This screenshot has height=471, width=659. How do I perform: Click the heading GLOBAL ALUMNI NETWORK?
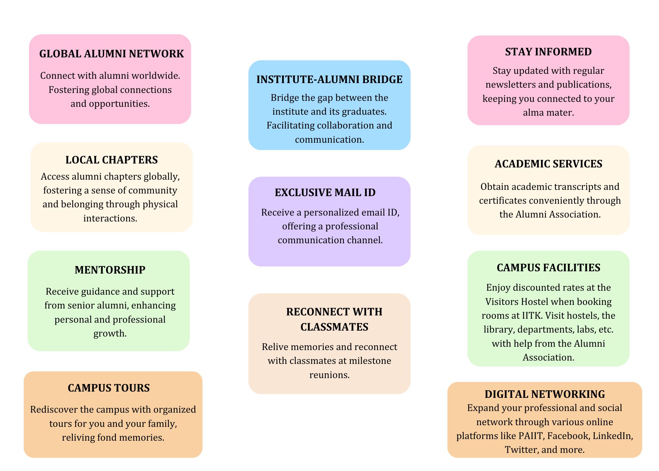pyautogui.click(x=111, y=54)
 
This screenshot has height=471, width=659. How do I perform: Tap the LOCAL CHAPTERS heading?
pyautogui.click(x=111, y=160)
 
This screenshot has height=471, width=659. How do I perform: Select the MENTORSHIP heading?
pyautogui.click(x=110, y=270)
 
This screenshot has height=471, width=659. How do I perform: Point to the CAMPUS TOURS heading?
pyautogui.click(x=109, y=388)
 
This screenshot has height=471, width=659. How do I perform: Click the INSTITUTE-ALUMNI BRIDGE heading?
pyautogui.click(x=329, y=79)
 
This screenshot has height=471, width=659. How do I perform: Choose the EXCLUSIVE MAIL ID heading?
pyautogui.click(x=325, y=192)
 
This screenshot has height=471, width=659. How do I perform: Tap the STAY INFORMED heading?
pyautogui.click(x=548, y=52)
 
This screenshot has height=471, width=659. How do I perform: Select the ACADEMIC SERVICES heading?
pyautogui.click(x=548, y=164)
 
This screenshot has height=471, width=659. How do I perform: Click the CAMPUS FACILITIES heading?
pyautogui.click(x=548, y=268)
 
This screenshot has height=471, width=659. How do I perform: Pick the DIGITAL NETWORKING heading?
pyautogui.click(x=545, y=394)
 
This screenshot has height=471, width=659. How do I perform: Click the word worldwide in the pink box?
pyautogui.click(x=156, y=76)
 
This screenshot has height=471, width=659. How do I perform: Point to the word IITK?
pyautogui.click(x=532, y=316)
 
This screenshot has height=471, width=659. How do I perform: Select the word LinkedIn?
pyautogui.click(x=613, y=436)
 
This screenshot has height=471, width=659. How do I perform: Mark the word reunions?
pyautogui.click(x=329, y=375)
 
